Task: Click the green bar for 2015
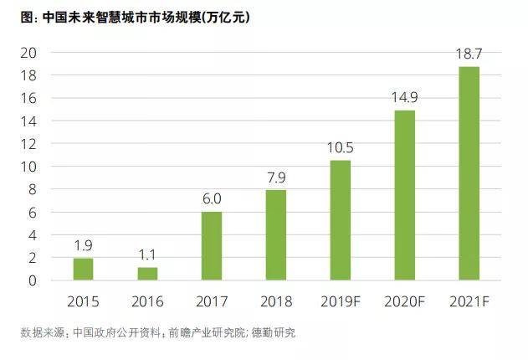click(x=83, y=269)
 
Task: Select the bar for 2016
click(x=147, y=274)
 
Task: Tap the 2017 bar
click(x=212, y=246)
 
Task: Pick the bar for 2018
click(x=276, y=235)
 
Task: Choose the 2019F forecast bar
click(x=341, y=220)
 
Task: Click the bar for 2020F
click(x=405, y=195)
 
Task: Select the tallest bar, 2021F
click(x=469, y=173)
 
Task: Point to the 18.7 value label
click(x=469, y=54)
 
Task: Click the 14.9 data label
click(x=405, y=97)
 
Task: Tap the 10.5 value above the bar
click(x=341, y=148)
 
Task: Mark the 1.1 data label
click(x=147, y=255)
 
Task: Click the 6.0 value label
click(x=212, y=198)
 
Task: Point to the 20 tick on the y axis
click(x=28, y=53)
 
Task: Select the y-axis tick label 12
click(x=28, y=144)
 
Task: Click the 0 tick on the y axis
click(x=33, y=280)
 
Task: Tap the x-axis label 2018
click(x=276, y=301)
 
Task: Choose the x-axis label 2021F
click(x=469, y=301)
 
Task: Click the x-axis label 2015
click(x=83, y=301)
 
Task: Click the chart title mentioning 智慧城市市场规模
click(x=135, y=18)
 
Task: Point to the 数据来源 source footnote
click(x=158, y=332)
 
